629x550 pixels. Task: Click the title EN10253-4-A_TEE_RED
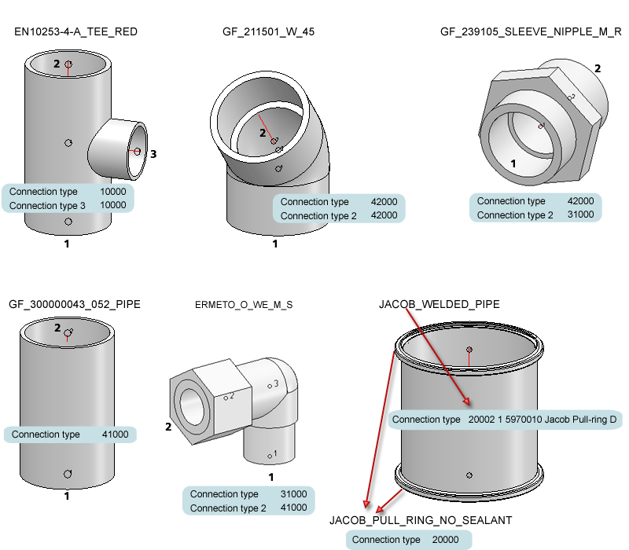pos(76,32)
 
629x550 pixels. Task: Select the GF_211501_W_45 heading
pos(269,32)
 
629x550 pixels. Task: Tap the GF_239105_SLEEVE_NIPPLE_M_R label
pos(531,32)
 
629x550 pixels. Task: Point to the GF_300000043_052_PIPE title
pos(74,303)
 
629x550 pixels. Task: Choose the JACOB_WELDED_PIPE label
pos(439,304)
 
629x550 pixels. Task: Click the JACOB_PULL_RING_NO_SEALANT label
pos(421,520)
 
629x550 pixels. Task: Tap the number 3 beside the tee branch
pos(153,154)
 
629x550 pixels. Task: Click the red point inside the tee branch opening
pos(137,151)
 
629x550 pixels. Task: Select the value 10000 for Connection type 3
pos(113,205)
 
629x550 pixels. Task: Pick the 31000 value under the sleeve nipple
pos(580,214)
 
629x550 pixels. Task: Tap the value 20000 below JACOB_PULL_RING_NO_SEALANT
pos(445,540)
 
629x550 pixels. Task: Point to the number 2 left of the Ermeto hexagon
pos(167,427)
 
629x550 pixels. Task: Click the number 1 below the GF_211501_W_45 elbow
pos(275,244)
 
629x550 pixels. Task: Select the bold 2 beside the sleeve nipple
pos(598,68)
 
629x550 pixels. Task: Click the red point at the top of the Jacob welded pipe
pos(469,349)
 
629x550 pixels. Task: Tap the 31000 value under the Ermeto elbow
pos(294,494)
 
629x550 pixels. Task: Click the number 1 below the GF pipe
pos(67,496)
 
